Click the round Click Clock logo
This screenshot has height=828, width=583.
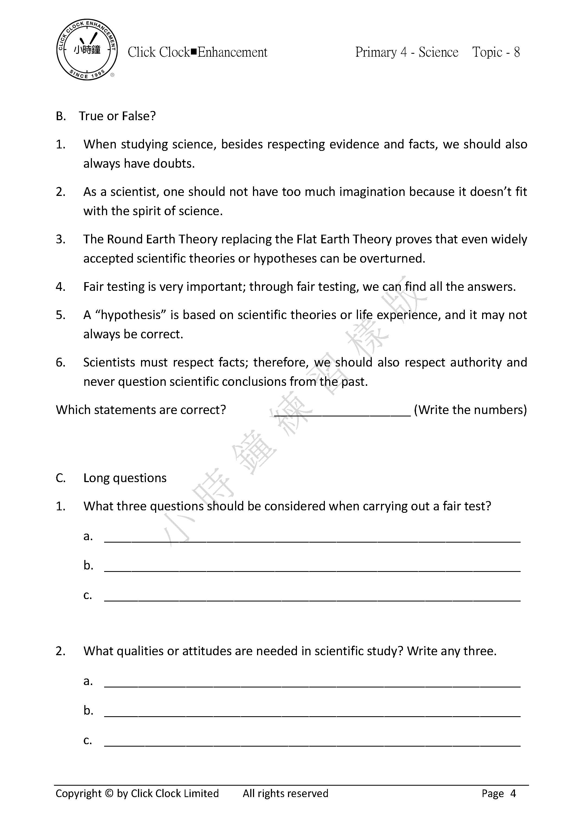coord(87,50)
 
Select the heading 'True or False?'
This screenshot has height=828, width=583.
coord(117,116)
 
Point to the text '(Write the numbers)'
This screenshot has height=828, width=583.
coord(470,410)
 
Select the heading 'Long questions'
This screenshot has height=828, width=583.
coord(125,478)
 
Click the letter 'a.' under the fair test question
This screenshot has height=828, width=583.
coord(88,537)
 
